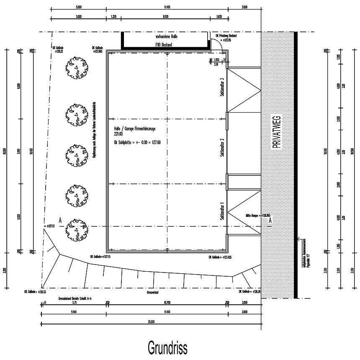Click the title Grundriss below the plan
point(167,347)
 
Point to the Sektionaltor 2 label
point(222,147)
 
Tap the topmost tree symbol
point(76,68)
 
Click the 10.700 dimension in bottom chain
point(166,303)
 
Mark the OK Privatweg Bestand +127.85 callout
point(226,38)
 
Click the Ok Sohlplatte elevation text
point(137,142)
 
